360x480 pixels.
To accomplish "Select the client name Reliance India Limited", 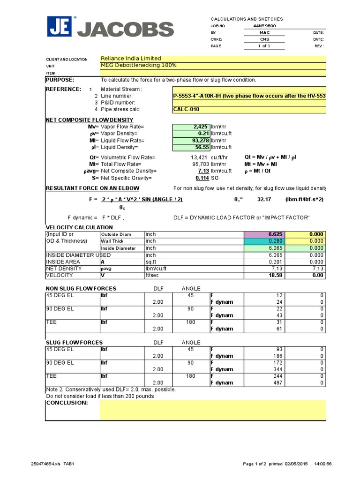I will tap(131, 59).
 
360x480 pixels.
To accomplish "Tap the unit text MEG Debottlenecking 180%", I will tap(139, 65).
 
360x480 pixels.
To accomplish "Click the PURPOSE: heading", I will tap(60, 80).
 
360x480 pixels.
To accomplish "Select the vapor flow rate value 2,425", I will tap(200, 127).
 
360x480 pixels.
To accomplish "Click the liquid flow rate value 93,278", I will tap(199, 140).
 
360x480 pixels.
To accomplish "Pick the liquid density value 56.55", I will tap(201, 147).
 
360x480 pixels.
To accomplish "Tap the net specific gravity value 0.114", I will tap(202, 178).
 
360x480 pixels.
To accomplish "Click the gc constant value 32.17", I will tap(265, 199).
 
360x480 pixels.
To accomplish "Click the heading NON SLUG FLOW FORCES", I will tap(81, 288).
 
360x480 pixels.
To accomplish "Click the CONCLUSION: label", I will tap(67, 403).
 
